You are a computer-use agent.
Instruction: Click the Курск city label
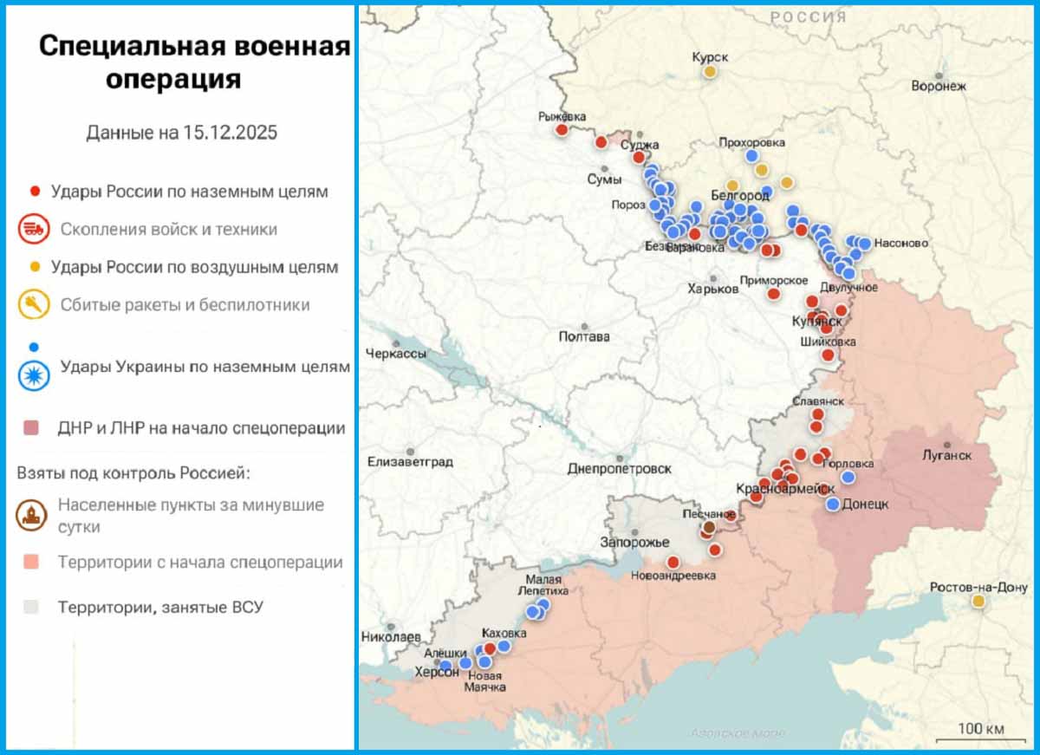(x=710, y=57)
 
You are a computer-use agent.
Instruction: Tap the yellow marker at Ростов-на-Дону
(x=978, y=601)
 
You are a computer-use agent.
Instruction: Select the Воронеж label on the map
(x=938, y=86)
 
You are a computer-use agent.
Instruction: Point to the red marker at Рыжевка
(x=562, y=130)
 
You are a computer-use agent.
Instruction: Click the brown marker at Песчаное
(x=709, y=527)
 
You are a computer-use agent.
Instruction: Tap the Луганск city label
(x=946, y=455)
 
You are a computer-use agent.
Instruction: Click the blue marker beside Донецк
(x=833, y=504)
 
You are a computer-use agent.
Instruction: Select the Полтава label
(x=584, y=336)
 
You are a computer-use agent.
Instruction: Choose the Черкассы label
(x=396, y=354)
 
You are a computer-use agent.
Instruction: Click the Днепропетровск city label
(x=619, y=468)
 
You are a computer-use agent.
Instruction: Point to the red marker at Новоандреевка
(x=673, y=563)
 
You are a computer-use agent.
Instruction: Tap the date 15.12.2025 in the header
(x=230, y=133)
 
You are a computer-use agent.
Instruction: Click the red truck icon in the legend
(x=33, y=230)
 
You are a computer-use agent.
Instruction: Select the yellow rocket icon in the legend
(x=33, y=304)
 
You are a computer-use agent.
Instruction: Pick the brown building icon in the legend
(x=33, y=516)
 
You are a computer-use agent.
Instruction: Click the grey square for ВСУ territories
(x=31, y=607)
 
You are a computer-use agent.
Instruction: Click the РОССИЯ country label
(x=808, y=16)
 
